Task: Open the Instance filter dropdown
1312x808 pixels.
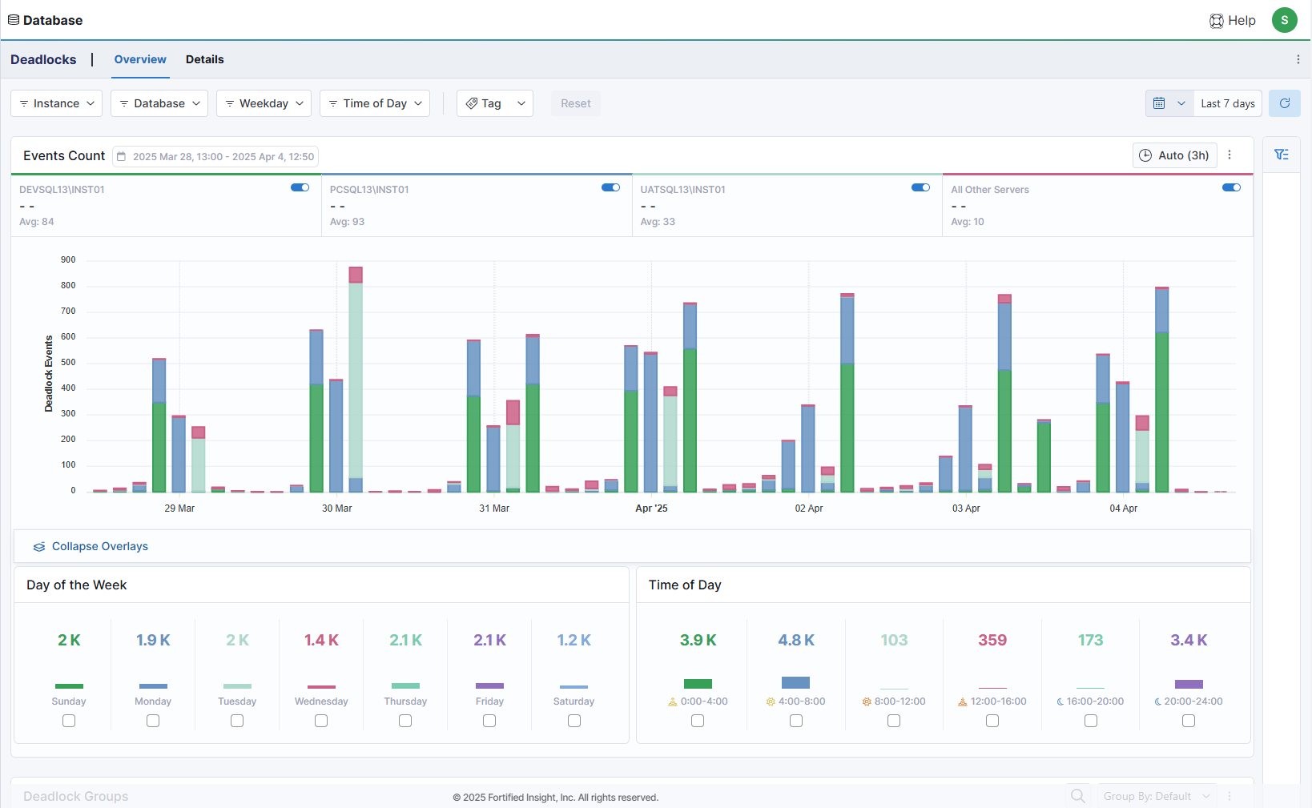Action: [x=56, y=103]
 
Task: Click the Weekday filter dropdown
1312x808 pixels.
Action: [x=264, y=103]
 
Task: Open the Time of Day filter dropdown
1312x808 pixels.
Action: [x=374, y=103]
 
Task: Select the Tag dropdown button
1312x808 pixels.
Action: [x=494, y=103]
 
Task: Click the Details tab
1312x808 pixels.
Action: [x=204, y=59]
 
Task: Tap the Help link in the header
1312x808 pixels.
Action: [x=1233, y=21]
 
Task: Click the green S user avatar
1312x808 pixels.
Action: [x=1284, y=20]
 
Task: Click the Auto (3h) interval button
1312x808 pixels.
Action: [x=1174, y=155]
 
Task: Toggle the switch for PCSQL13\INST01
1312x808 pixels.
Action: [x=610, y=187]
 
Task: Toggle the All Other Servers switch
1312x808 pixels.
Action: [x=1231, y=187]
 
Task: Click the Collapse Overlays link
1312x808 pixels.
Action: [x=99, y=546]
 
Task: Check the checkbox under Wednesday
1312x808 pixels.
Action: [x=321, y=721]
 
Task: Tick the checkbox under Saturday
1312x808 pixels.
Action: [x=574, y=721]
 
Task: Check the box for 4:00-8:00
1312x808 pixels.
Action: [x=796, y=721]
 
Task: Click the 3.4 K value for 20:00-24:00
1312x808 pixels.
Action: [x=1189, y=640]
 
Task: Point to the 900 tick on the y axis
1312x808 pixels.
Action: [x=68, y=260]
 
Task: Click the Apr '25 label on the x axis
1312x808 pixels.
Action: [x=651, y=509]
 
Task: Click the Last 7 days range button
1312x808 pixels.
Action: [x=1227, y=103]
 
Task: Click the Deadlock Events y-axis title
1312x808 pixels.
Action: [x=49, y=374]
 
